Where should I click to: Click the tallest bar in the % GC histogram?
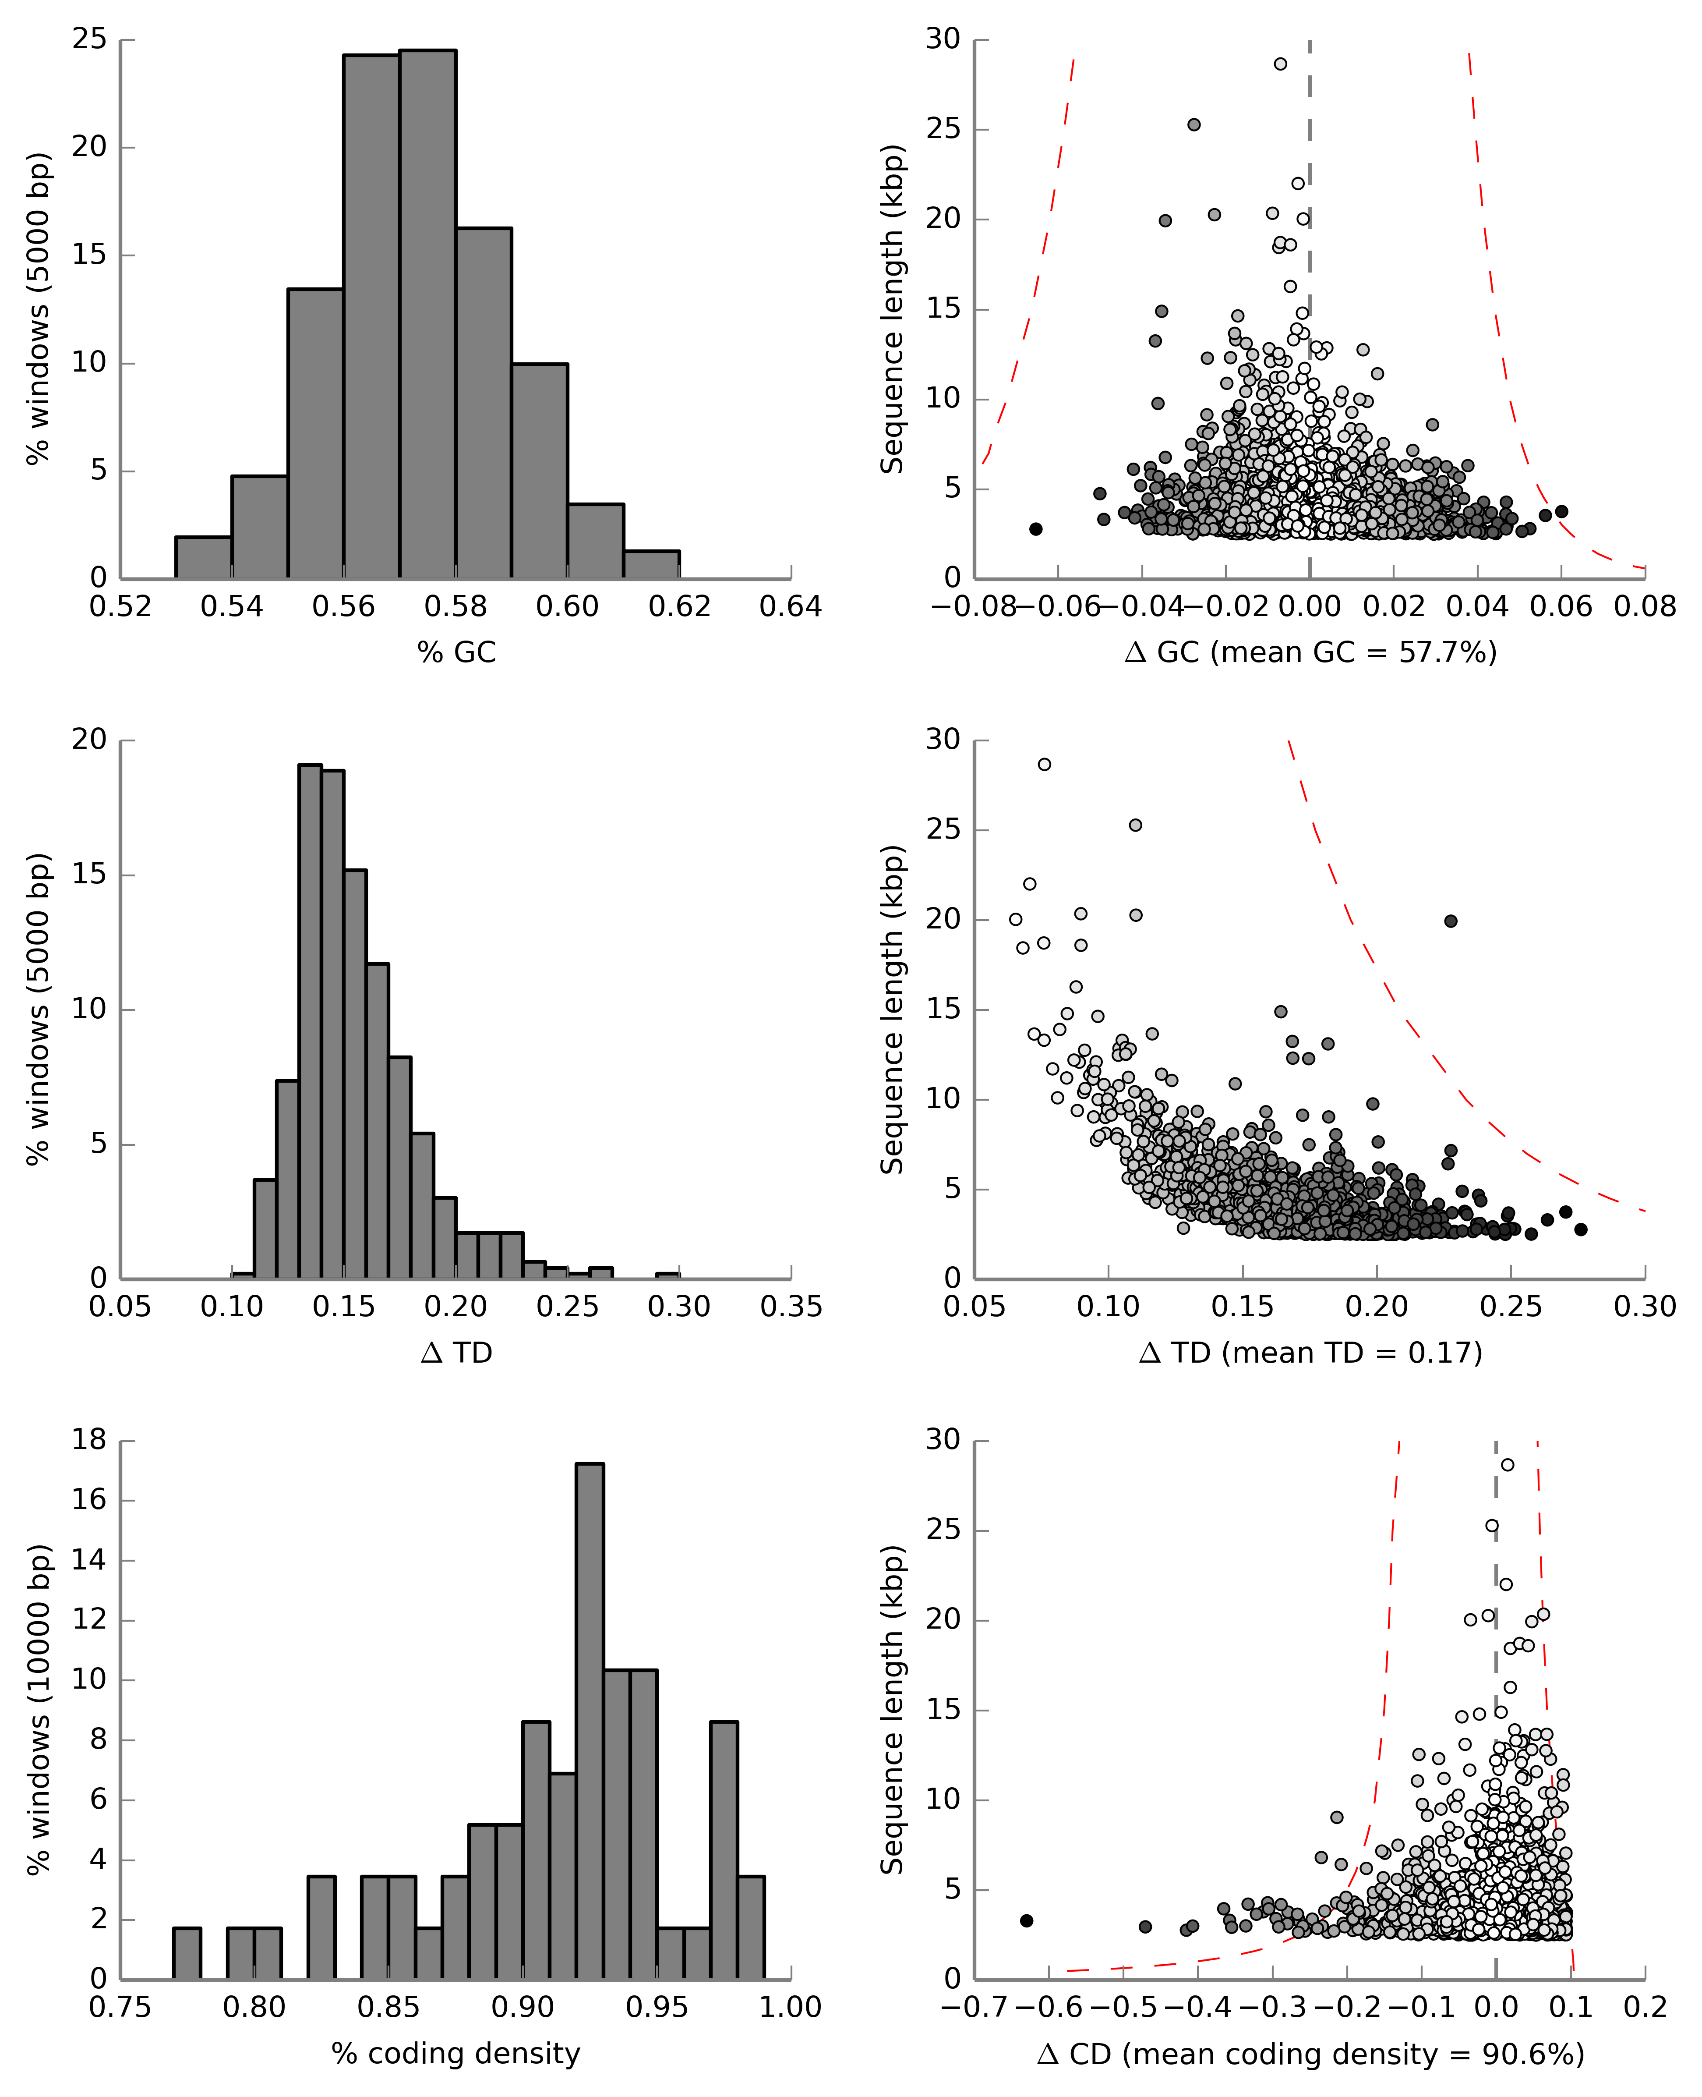click(427, 314)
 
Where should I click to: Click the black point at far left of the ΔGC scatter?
click(1035, 529)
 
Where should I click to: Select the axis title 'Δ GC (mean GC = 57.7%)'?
click(1310, 652)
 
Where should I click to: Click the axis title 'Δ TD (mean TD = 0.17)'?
click(1310, 1353)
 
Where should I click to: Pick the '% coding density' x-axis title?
click(456, 2053)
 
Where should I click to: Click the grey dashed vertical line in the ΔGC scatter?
click(1310, 294)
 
